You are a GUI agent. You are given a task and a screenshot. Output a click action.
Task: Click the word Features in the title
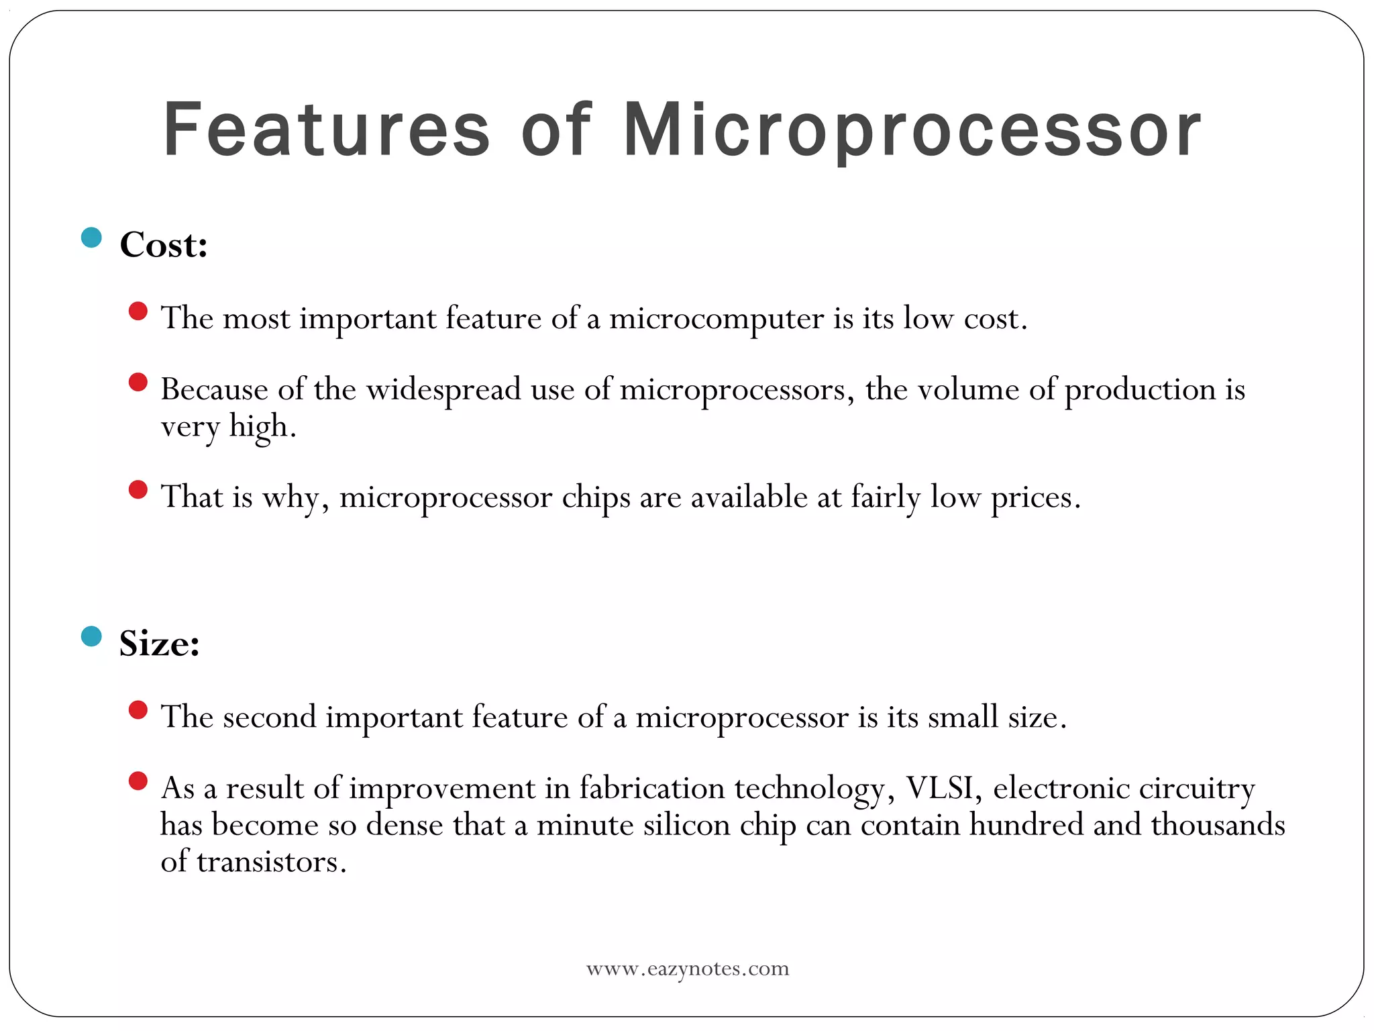(x=327, y=129)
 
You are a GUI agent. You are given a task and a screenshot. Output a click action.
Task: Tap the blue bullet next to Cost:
(x=91, y=237)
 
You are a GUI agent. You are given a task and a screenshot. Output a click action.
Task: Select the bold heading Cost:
(x=164, y=244)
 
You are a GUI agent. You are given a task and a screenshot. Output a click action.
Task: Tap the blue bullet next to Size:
(x=91, y=636)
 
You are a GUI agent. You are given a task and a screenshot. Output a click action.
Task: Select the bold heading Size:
(x=160, y=643)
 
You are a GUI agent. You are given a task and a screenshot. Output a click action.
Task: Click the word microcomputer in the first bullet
(x=716, y=318)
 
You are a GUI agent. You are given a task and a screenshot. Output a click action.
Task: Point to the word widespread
(x=443, y=390)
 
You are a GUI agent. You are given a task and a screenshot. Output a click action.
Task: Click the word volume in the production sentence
(x=968, y=389)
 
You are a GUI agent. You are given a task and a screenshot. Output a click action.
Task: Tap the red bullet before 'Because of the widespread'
(x=138, y=383)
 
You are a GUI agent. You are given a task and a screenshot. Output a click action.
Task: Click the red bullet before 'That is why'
(x=138, y=490)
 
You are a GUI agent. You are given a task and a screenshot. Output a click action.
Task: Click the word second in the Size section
(x=269, y=717)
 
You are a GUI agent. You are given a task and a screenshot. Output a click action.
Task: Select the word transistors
(x=271, y=862)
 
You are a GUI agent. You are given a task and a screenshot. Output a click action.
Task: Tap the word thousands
(x=1218, y=825)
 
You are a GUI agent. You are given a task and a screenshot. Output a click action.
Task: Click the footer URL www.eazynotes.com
(x=688, y=969)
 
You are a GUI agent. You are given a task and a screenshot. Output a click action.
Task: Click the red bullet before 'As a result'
(x=138, y=781)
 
